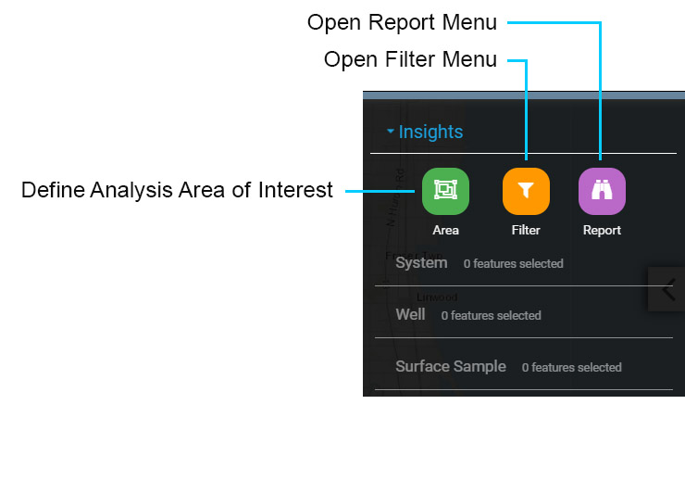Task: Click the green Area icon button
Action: [x=445, y=190]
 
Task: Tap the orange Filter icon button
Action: [x=526, y=191]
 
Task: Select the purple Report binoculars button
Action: [x=602, y=191]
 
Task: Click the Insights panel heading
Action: [x=430, y=132]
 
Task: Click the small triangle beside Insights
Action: [x=391, y=132]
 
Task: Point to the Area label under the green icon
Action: [x=445, y=230]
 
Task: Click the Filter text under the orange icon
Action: [x=526, y=230]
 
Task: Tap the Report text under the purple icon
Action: [x=602, y=230]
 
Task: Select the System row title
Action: [x=421, y=262]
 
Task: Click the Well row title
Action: [x=410, y=314]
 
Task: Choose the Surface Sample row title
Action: [x=451, y=366]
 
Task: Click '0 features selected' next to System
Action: [x=513, y=264]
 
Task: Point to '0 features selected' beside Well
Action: [x=491, y=316]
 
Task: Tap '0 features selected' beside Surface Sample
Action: [x=571, y=368]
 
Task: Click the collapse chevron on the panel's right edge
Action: [x=668, y=290]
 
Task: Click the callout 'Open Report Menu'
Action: [x=402, y=21]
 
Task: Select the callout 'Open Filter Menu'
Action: [x=410, y=60]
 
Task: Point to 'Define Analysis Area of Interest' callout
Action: [x=177, y=191]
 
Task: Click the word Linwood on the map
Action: [x=437, y=297]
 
